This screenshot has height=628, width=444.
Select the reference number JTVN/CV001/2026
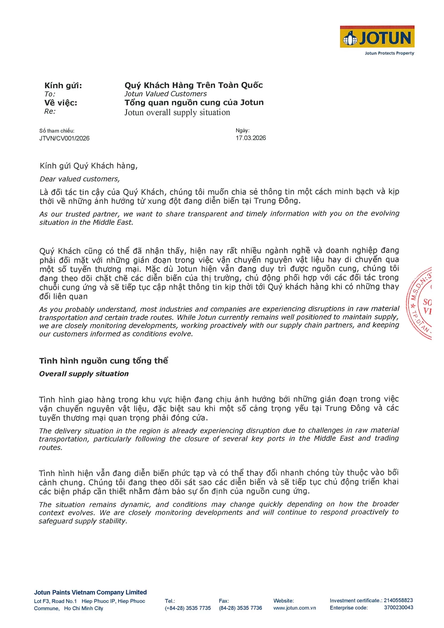pyautogui.click(x=64, y=138)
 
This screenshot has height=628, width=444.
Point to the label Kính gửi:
pyautogui.click(x=63, y=86)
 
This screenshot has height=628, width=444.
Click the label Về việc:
pyautogui.click(x=61, y=103)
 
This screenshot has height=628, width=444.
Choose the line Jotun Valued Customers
pyautogui.click(x=166, y=94)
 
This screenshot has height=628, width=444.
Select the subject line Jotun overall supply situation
pyautogui.click(x=177, y=112)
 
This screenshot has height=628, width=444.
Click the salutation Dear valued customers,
pyautogui.click(x=80, y=179)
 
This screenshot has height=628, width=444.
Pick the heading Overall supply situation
pyautogui.click(x=84, y=374)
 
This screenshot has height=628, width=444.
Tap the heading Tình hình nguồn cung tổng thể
pyautogui.click(x=103, y=361)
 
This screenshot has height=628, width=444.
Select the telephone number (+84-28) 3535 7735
pyautogui.click(x=188, y=608)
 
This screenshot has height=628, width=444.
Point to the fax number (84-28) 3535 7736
pyautogui.click(x=240, y=608)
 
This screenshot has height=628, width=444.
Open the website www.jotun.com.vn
pyautogui.click(x=294, y=608)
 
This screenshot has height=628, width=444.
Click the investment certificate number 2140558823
pyautogui.click(x=398, y=600)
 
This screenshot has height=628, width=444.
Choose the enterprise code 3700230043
pyautogui.click(x=398, y=608)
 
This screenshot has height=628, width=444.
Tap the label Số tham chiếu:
pyautogui.click(x=57, y=131)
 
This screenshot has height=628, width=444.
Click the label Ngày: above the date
pyautogui.click(x=242, y=130)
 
